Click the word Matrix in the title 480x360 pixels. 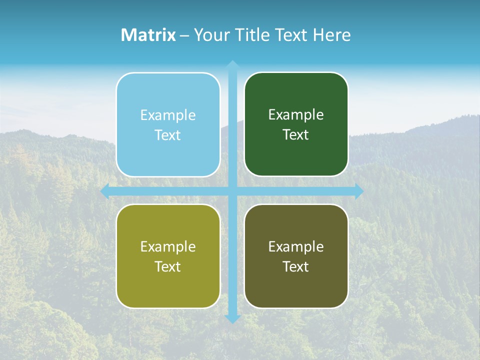(x=148, y=35)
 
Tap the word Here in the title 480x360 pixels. (x=332, y=35)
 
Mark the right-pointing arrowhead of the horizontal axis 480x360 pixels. (x=358, y=191)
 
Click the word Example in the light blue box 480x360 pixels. (x=168, y=115)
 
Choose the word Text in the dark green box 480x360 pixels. (x=296, y=135)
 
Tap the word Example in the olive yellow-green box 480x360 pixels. (x=168, y=246)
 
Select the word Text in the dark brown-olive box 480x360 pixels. (x=296, y=266)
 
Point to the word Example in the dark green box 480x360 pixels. (x=296, y=115)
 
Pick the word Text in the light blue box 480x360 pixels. (x=168, y=135)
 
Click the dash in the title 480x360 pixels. (x=184, y=35)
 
